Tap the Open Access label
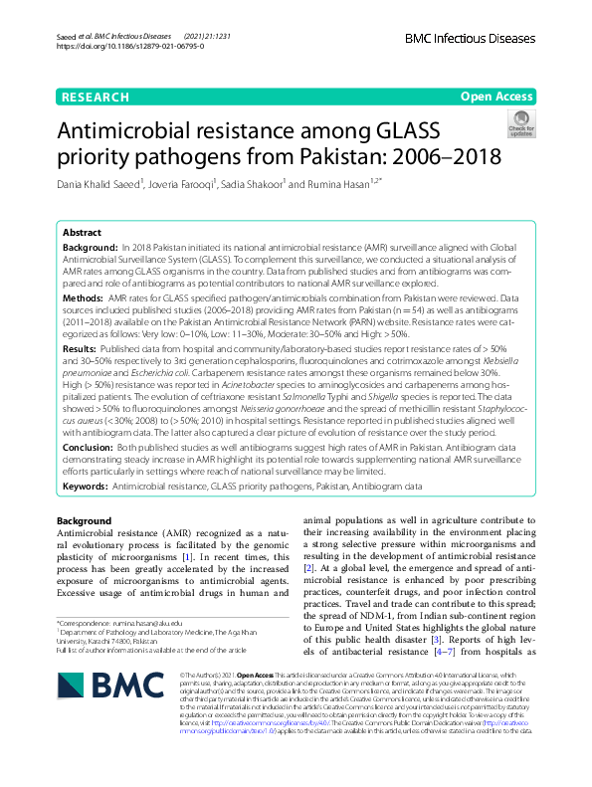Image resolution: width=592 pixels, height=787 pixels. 495,97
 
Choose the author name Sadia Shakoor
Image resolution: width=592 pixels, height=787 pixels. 253,183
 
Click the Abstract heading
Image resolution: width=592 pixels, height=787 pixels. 82,231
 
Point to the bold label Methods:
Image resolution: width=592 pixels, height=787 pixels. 84,297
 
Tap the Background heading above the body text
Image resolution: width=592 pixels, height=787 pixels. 84,521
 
